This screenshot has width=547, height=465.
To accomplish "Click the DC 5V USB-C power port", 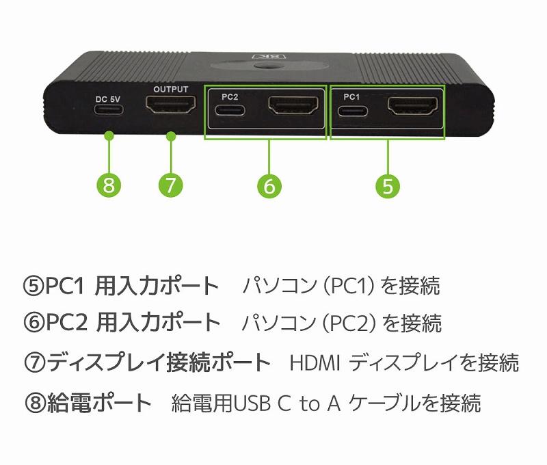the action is pos(109,110).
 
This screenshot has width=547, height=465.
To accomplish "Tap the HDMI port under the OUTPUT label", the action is pos(170,105).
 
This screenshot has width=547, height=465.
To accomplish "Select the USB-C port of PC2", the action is pos(230,111).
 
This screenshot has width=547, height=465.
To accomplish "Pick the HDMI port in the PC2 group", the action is pos(293,106).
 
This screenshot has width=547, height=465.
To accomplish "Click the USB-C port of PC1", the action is pos(352,111).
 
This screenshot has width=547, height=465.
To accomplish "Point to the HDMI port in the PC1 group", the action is pos(413,106).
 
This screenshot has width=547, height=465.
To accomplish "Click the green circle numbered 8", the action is pos(109,185).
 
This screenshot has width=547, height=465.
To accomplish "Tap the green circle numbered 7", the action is pos(170,185).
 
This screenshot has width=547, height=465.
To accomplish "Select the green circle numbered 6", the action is pos(269,185).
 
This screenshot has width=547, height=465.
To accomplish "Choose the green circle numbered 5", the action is pos(388,185).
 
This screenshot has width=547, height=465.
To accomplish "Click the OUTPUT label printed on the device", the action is pos(170,90).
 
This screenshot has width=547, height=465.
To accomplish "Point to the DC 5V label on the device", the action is pos(108,99).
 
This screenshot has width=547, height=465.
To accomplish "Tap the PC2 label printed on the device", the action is pos(230,97).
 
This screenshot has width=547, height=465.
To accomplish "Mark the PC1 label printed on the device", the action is pos(351,97).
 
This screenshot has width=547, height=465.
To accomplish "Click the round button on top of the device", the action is pos(269,66).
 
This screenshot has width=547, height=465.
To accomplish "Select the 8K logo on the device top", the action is pos(269,55).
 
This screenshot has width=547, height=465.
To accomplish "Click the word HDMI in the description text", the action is pos(315,363).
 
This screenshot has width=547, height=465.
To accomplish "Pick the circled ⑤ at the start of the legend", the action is pos(34,286).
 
